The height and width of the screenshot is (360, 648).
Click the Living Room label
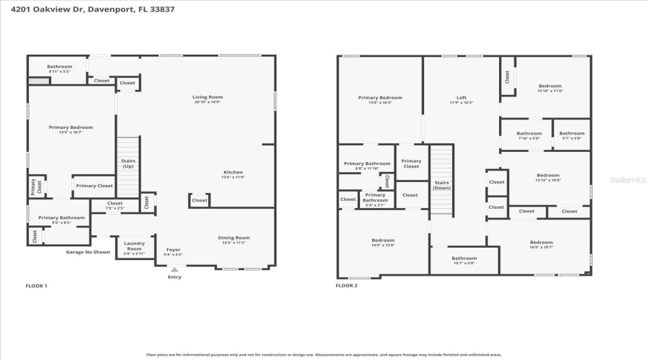pos(207,97)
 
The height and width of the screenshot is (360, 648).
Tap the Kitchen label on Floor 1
pos(233,173)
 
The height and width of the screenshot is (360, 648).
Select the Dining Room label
pos(233,238)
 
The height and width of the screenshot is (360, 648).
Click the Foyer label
pos(174,250)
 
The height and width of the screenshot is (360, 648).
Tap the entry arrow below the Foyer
pos(174,269)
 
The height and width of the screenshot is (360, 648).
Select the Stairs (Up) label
pos(128,163)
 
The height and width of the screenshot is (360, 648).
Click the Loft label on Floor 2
pos(462,98)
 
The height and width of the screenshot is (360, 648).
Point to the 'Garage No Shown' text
pos(88,252)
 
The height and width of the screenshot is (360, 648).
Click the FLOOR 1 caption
pos(36,286)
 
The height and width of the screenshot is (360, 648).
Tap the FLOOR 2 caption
pos(346,286)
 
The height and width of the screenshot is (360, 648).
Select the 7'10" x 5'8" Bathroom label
pos(528,133)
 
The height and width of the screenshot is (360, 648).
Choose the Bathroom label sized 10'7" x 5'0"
pos(464,258)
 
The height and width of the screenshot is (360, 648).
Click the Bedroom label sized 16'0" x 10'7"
pos(541,243)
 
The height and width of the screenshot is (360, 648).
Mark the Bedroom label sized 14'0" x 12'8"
pos(383,240)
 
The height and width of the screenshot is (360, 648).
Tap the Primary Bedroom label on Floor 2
pos(380,98)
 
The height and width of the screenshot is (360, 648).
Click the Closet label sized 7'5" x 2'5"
pos(115,204)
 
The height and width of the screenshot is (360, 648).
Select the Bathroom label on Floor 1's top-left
pos(60,67)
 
